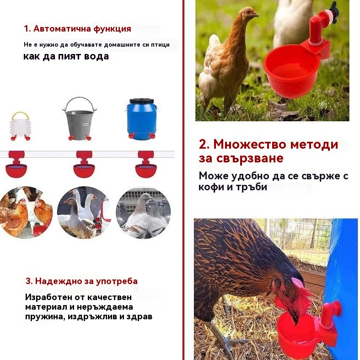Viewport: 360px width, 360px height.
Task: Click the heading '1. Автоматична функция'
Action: (x=78, y=29)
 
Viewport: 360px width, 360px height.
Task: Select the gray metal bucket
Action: (x=80, y=119)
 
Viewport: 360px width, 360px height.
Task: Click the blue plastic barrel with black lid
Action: (x=142, y=119)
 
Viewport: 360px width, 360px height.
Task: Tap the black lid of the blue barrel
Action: (x=142, y=101)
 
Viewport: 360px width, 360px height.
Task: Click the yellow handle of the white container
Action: (x=21, y=115)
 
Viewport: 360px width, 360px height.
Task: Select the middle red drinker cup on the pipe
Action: (x=84, y=165)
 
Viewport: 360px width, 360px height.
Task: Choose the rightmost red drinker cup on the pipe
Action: (x=146, y=165)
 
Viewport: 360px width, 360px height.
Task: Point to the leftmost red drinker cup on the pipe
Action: (x=16, y=165)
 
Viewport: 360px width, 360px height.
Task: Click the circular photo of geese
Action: (x=84, y=212)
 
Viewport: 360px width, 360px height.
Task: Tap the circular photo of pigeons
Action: (x=143, y=212)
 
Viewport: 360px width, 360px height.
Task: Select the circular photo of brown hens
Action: (x=26, y=212)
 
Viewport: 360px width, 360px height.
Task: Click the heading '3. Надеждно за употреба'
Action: (x=81, y=281)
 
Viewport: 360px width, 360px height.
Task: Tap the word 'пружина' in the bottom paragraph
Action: (x=43, y=317)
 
